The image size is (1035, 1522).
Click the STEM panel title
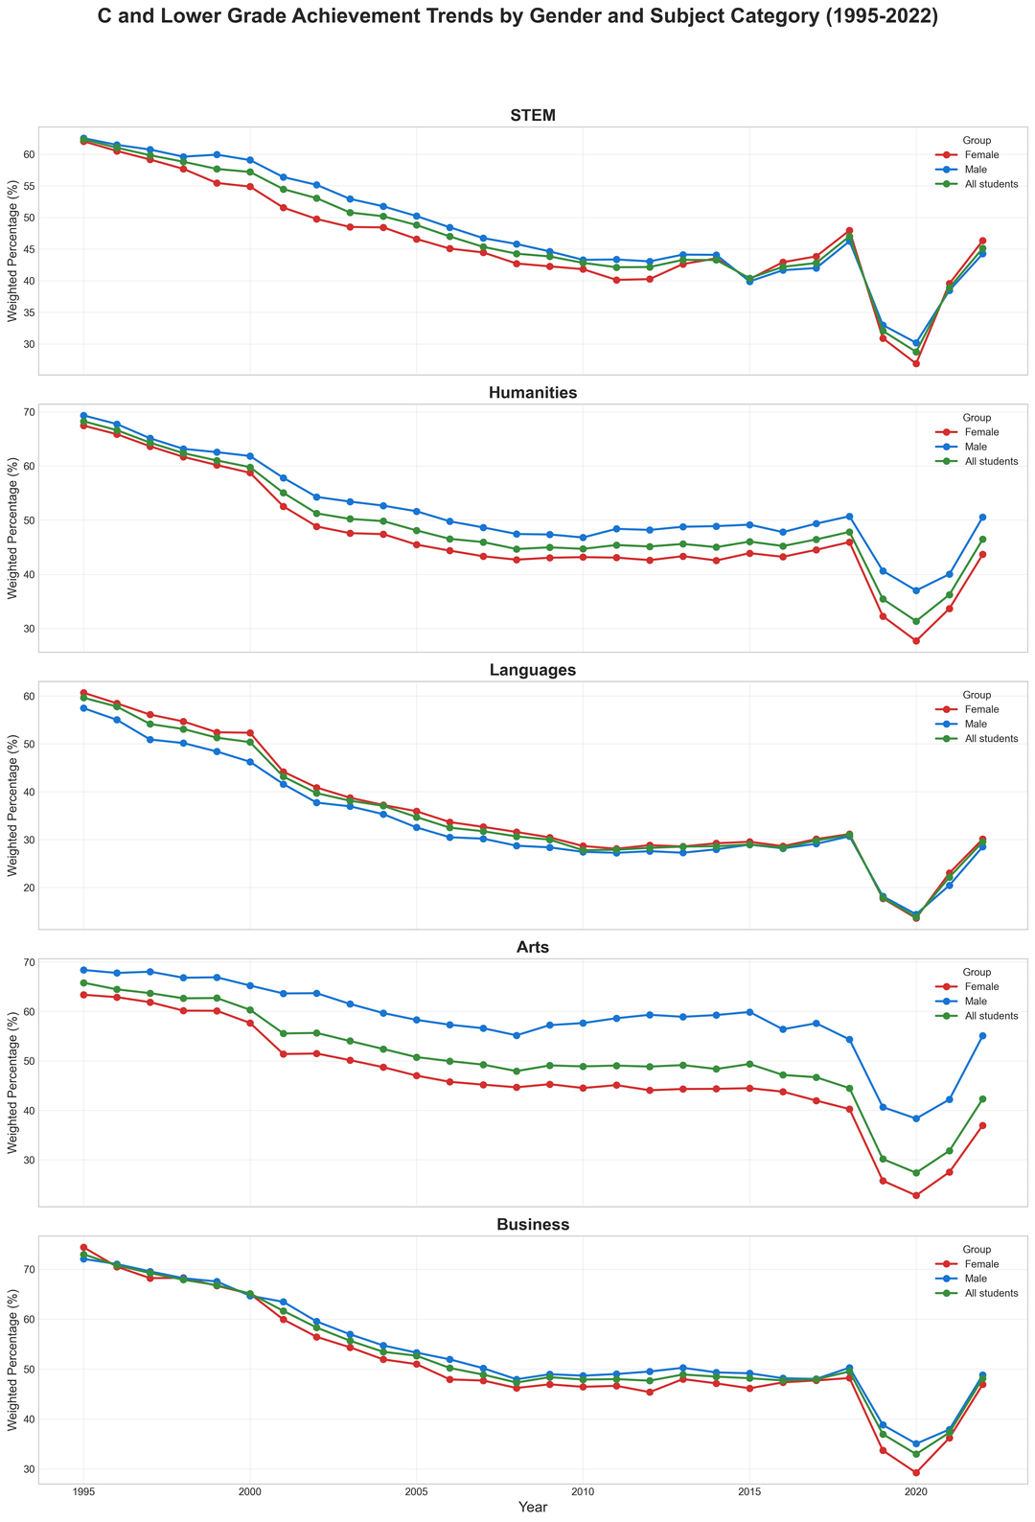pos(534,116)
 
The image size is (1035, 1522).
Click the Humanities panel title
pos(534,393)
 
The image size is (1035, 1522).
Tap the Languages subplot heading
pos(534,670)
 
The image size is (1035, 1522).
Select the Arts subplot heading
pos(534,947)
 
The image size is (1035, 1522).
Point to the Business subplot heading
pos(534,1225)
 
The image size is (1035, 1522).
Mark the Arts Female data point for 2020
pos(916,1195)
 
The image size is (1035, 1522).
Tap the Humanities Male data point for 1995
pos(83,415)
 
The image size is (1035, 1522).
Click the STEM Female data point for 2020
pos(916,363)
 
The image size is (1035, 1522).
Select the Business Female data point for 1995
pos(83,1247)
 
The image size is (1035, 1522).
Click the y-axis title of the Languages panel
pos(12,805)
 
